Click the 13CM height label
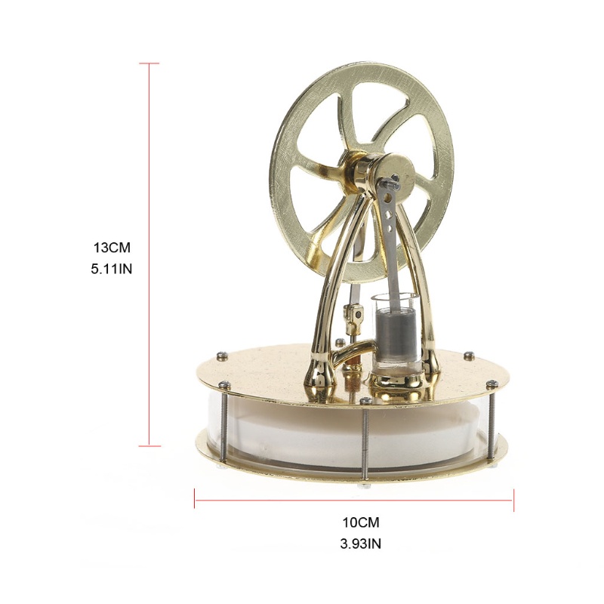click(x=112, y=248)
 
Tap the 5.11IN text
click(x=111, y=269)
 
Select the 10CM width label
click(x=361, y=522)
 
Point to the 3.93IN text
click(x=361, y=544)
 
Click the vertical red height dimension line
click(x=149, y=254)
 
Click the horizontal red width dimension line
click(x=354, y=500)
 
